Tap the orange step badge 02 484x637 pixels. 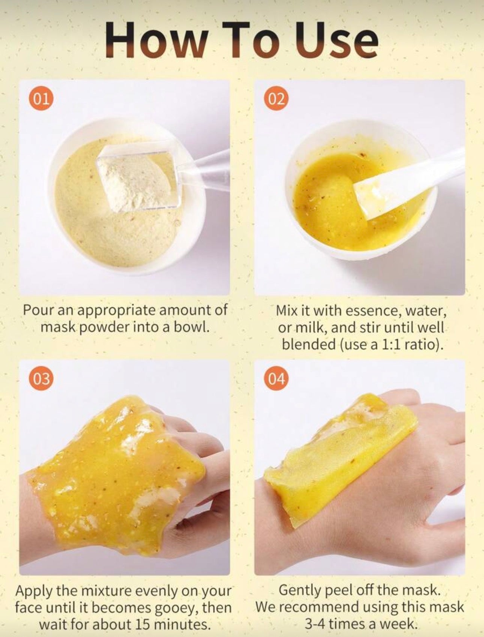coord(276,99)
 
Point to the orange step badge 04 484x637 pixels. coord(276,379)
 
